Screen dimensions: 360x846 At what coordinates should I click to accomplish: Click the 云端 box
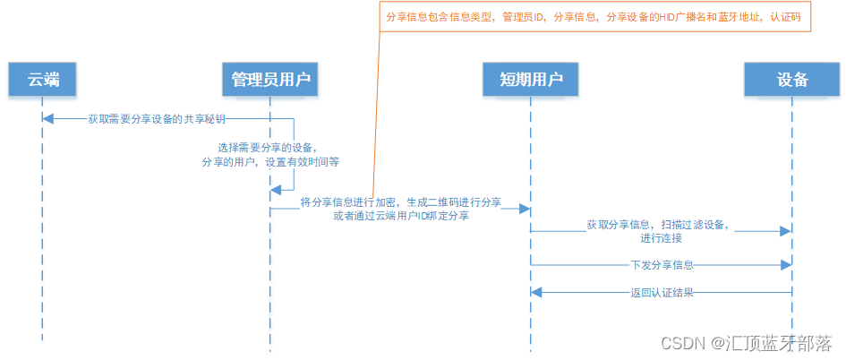(x=42, y=80)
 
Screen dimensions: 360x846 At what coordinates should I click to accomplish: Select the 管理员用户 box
(x=269, y=80)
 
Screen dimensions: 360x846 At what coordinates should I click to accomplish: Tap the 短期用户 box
(x=530, y=80)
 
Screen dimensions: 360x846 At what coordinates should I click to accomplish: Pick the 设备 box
(x=792, y=80)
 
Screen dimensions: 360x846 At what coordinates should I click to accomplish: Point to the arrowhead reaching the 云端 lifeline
(x=47, y=119)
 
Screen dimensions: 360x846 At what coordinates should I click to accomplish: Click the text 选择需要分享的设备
(x=267, y=147)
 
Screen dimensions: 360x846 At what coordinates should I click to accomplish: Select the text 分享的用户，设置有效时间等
(x=270, y=162)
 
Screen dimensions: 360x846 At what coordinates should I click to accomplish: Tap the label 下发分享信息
(x=662, y=265)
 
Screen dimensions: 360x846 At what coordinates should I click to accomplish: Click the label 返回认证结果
(x=662, y=293)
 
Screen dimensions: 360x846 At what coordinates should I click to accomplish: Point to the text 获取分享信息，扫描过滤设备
(x=658, y=225)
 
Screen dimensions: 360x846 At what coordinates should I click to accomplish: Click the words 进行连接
(x=661, y=238)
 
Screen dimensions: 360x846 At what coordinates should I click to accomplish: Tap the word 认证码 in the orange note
(x=785, y=18)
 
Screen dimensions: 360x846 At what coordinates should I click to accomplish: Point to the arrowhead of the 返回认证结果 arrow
(x=536, y=293)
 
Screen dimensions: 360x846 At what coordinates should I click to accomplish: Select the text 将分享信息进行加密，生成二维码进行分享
(x=400, y=202)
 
